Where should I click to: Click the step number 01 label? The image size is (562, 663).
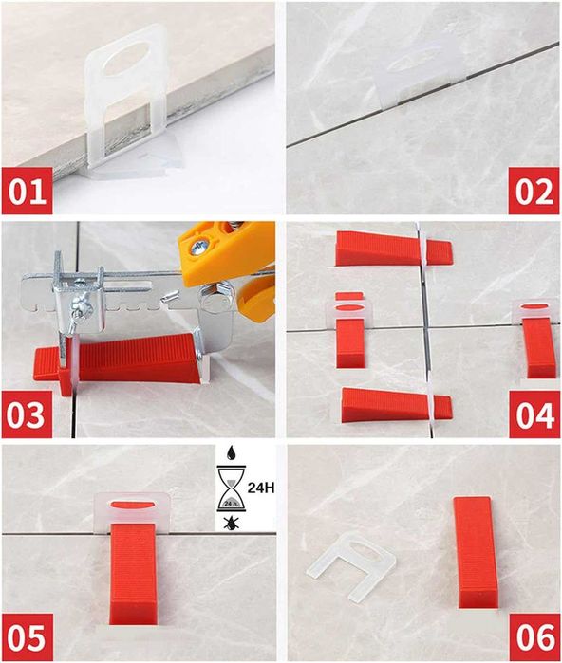[28, 191]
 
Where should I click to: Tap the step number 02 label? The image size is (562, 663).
[534, 191]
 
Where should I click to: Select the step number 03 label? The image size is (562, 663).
[28, 414]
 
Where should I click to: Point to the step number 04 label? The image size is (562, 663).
[534, 414]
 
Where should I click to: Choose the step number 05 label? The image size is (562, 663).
[28, 637]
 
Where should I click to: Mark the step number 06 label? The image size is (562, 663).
[534, 637]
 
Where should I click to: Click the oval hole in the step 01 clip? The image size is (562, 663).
[126, 64]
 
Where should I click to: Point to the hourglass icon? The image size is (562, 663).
[231, 488]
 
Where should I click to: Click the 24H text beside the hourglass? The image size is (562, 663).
[261, 488]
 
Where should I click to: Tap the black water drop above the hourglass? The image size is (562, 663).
[231, 453]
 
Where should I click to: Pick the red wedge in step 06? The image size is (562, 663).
[473, 553]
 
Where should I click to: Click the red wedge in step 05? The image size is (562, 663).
[133, 574]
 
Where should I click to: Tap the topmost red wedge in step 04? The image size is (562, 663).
[394, 249]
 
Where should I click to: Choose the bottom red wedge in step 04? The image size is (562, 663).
[396, 405]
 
